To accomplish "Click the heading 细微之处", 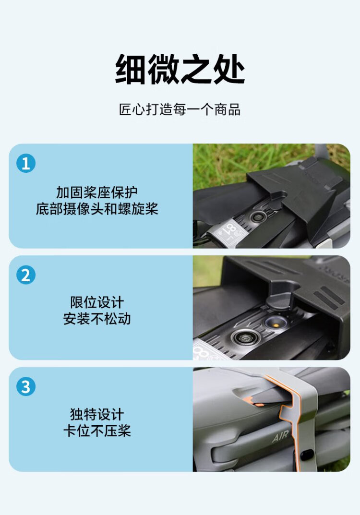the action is pos(180,69).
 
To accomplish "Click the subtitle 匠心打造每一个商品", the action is pos(180,109).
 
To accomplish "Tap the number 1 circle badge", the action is pos(25,163).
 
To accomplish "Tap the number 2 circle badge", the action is pos(25,275).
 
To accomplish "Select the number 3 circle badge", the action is pos(25,386).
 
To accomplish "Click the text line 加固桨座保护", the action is pos(97,192).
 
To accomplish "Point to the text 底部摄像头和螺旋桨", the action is pos(97,209).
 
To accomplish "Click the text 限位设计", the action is pos(97,302).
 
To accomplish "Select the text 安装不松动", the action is pos(97,319).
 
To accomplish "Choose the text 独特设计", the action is pos(97,414).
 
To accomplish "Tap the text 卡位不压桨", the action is pos(97,431).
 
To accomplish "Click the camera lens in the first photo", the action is pos(258,216).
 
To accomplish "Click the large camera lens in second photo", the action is pos(244,338).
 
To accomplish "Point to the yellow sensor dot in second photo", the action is pos(276,325).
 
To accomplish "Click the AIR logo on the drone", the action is pos(280,436).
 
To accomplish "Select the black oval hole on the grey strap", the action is pos(307,455).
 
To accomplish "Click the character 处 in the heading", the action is pos(229,69).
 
